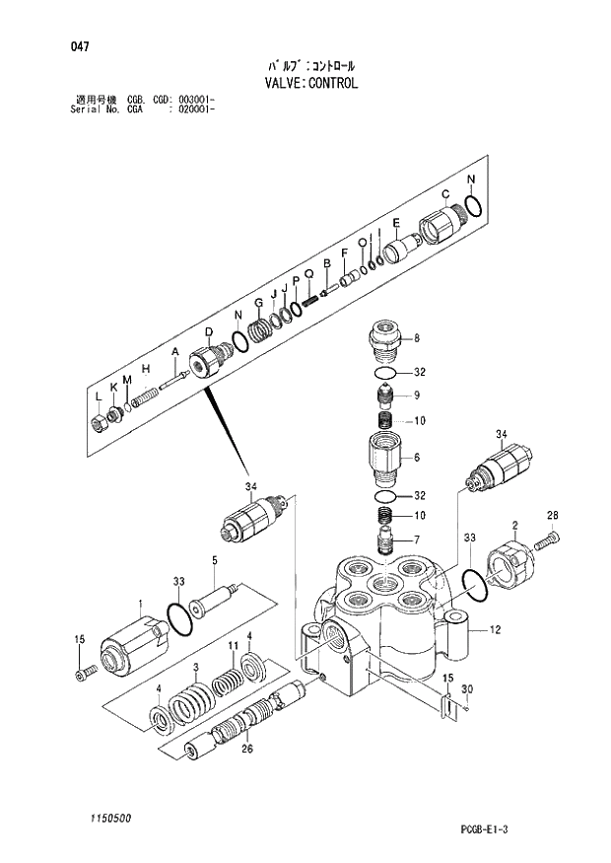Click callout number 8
pyautogui.click(x=416, y=338)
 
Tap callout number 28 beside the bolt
pyautogui.click(x=552, y=515)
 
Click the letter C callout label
pyautogui.click(x=444, y=193)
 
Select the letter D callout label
pyautogui.click(x=209, y=331)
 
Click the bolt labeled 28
pyautogui.click(x=549, y=539)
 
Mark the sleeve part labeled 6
pyautogui.click(x=386, y=456)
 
